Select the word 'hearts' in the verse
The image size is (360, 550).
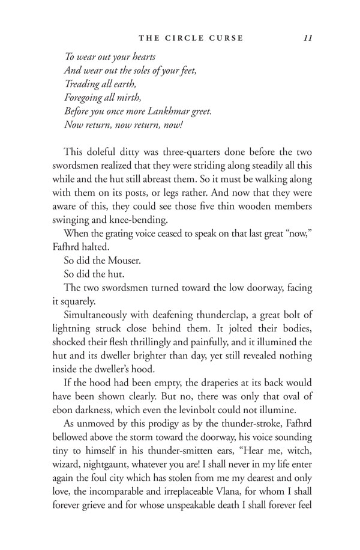tap(142, 57)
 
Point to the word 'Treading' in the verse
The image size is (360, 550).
tap(83, 84)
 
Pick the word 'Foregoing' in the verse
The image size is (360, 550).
tap(85, 98)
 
